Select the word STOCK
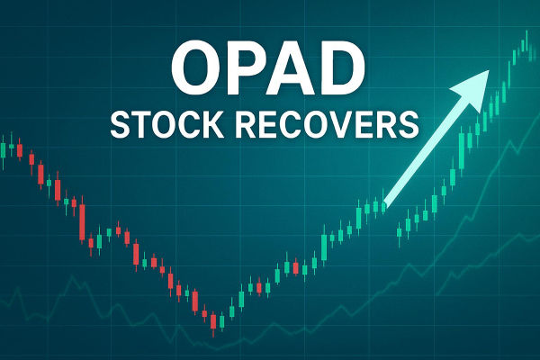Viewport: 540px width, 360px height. tap(161, 123)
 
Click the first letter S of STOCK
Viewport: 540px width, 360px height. tap(120, 123)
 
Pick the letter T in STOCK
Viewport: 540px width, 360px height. tap(139, 123)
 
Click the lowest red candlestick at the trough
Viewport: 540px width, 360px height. tap(213, 321)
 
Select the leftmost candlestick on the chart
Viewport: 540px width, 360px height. tap(4, 148)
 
